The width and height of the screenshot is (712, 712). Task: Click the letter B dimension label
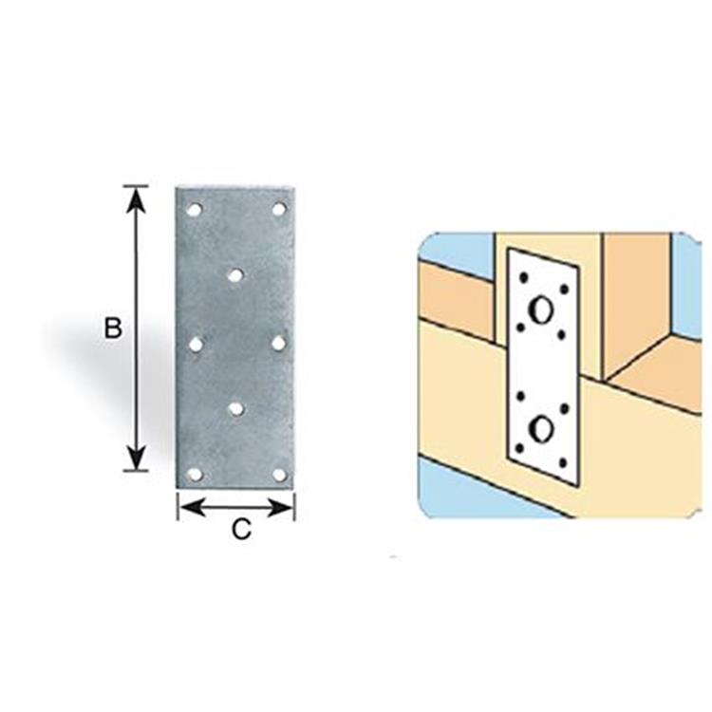[113, 328]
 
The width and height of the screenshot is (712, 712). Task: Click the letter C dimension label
[241, 529]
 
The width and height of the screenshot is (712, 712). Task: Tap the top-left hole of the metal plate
[195, 210]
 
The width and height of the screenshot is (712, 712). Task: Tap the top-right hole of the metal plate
[279, 210]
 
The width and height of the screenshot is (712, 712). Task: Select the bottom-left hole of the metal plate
[196, 475]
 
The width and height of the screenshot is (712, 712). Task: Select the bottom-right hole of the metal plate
[279, 475]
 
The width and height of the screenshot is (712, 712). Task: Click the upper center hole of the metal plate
[235, 275]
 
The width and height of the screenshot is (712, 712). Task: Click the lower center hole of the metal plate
[235, 409]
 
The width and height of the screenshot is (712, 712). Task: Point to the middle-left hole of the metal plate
[196, 345]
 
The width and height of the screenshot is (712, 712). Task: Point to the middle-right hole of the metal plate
[279, 344]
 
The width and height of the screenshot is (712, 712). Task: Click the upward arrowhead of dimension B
[136, 199]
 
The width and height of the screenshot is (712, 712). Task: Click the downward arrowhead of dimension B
[136, 458]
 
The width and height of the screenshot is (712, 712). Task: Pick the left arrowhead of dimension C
[192, 507]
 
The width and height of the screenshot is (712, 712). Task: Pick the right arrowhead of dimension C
[280, 507]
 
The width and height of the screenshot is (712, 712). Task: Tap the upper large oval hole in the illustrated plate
[541, 310]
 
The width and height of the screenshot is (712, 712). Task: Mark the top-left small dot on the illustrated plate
[523, 276]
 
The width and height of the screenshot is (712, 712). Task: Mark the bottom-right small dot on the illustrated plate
[563, 463]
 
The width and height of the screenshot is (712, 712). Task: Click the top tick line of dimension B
[136, 186]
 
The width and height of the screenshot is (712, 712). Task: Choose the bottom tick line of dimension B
[136, 471]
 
